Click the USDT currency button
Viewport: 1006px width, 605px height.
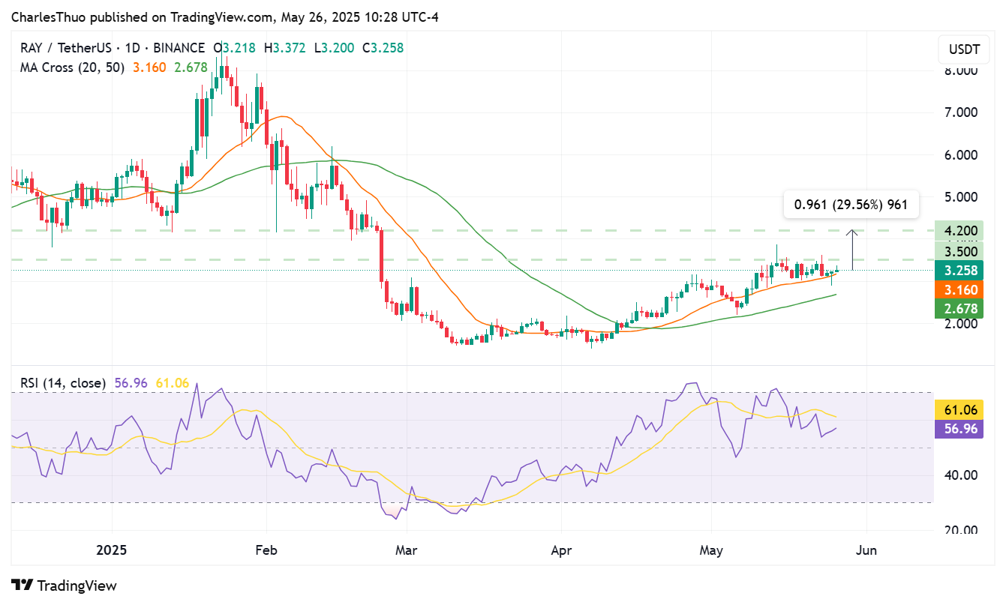click(x=964, y=50)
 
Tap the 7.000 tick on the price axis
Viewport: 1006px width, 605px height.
click(x=960, y=112)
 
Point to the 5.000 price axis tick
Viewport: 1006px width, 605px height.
click(x=960, y=197)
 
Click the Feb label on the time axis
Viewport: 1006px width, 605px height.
click(x=266, y=550)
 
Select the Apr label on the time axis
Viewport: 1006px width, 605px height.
click(x=561, y=550)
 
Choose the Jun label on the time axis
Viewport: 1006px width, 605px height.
click(x=866, y=550)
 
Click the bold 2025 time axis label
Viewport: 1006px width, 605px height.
click(x=111, y=550)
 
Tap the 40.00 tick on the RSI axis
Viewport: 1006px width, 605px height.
click(x=960, y=475)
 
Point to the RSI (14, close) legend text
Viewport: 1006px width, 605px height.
click(x=63, y=383)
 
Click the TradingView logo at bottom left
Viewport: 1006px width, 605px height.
click(x=65, y=586)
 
